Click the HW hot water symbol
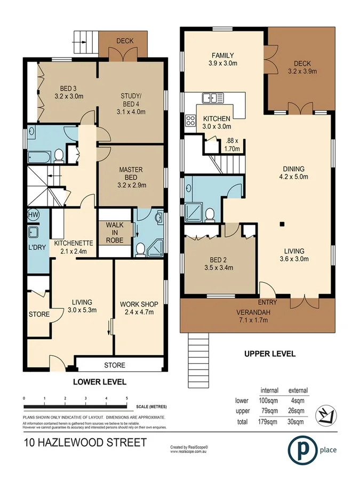coord(33,215)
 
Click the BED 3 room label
coord(66,93)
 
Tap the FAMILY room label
coord(222,59)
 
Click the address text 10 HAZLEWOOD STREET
coord(85,442)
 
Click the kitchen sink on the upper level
coord(212,98)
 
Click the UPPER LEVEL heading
coord(269,354)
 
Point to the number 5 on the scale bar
coord(126,398)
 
